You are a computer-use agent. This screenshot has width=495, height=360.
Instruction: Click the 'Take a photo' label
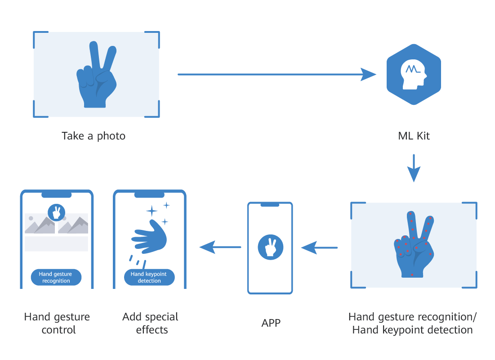[94, 136]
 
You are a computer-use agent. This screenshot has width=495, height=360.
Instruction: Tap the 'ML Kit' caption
[414, 136]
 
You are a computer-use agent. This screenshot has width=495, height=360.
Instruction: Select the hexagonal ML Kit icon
[414, 74]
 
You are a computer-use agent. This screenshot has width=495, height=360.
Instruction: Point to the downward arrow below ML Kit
[414, 168]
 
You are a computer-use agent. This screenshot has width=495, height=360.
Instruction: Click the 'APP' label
[271, 323]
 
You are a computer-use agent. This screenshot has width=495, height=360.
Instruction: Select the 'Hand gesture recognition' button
[56, 277]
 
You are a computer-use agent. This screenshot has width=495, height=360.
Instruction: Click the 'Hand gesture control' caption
[57, 323]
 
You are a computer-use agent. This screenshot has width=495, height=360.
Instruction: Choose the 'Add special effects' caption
[150, 323]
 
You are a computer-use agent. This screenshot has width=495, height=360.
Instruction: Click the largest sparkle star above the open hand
[152, 211]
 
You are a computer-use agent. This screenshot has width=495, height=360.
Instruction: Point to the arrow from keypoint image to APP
[319, 247]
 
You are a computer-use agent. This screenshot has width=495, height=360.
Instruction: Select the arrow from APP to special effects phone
[220, 247]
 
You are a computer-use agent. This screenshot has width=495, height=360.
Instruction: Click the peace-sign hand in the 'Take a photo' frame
[95, 76]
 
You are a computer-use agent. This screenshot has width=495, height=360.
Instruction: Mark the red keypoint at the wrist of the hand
[412, 274]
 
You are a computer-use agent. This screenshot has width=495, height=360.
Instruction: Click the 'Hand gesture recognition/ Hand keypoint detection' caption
[412, 323]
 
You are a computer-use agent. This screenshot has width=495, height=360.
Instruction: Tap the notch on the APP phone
[270, 205]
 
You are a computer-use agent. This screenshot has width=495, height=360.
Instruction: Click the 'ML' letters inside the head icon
[412, 69]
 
